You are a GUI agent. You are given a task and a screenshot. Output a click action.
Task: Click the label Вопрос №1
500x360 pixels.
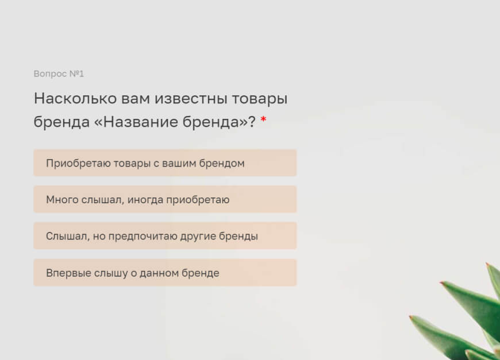(x=59, y=74)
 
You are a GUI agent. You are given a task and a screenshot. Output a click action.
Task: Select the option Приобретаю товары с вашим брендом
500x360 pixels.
(x=165, y=163)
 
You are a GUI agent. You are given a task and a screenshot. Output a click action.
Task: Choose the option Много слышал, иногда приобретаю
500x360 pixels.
(x=165, y=200)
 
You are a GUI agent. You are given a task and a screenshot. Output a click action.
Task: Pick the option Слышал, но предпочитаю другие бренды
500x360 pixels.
(x=165, y=236)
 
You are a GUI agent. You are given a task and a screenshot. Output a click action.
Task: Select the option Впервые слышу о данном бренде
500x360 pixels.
(x=165, y=273)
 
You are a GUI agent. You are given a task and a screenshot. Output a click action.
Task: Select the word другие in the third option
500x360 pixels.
(x=201, y=236)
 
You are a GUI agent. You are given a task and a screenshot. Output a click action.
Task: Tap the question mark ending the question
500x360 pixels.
(x=252, y=122)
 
